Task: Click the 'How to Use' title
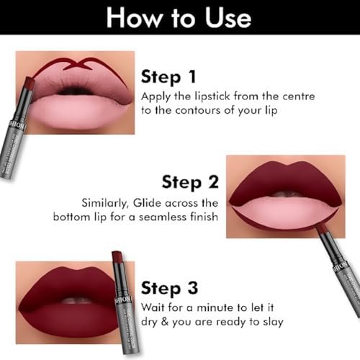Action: [x=179, y=18]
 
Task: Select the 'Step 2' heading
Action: [x=191, y=181]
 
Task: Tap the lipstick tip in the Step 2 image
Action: [x=322, y=229]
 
